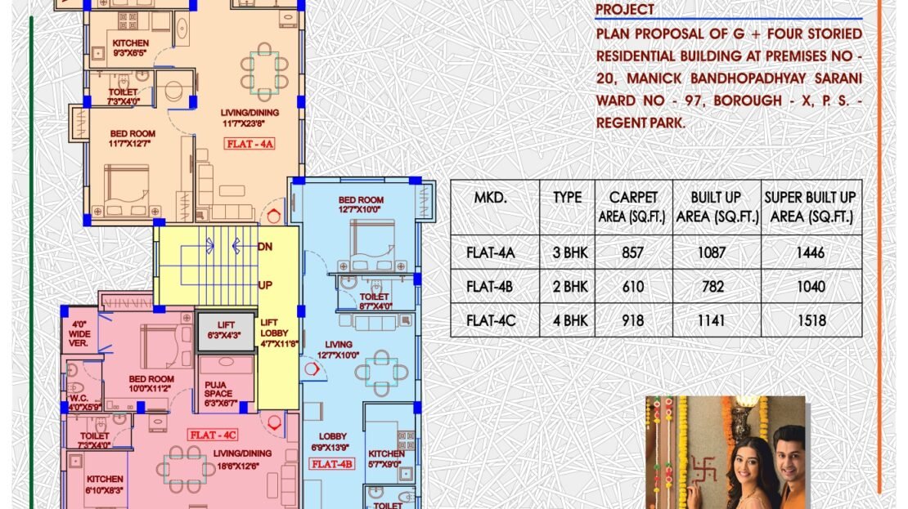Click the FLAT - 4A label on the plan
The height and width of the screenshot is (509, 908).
tap(249, 144)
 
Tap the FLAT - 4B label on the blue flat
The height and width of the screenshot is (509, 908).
tap(332, 464)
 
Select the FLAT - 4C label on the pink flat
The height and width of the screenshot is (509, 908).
tap(213, 435)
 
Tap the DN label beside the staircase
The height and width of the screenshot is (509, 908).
tap(265, 247)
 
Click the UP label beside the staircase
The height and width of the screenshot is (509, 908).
tap(265, 285)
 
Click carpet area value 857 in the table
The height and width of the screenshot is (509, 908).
tap(633, 252)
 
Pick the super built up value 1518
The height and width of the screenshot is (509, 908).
tap(811, 320)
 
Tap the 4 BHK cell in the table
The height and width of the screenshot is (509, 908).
tap(570, 320)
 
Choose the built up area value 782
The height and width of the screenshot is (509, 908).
tap(712, 287)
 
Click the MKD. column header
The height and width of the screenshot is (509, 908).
tap(491, 198)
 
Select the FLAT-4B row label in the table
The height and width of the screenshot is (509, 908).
tap(490, 287)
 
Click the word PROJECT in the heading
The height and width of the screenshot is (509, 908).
tap(625, 9)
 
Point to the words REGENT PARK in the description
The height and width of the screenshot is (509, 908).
tap(641, 123)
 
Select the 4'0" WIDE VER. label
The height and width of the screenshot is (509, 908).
tap(79, 333)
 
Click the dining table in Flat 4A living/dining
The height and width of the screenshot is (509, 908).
tap(265, 72)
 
